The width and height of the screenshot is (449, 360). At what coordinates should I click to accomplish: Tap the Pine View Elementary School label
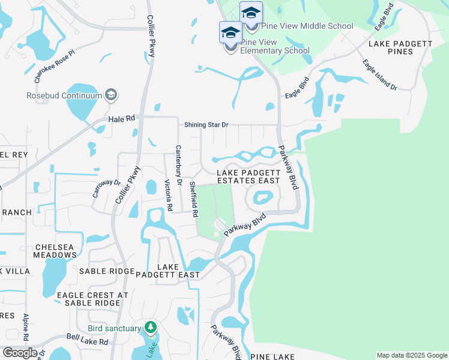tap(275, 46)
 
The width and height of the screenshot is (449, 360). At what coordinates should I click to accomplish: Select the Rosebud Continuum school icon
tap(110, 95)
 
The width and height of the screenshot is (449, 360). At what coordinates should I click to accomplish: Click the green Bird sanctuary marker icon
tap(150, 328)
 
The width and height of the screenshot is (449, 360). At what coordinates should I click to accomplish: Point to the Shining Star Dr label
tap(206, 125)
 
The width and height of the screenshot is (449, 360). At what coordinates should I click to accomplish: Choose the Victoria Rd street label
tap(169, 195)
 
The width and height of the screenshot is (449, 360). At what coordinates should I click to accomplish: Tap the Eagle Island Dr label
tap(379, 75)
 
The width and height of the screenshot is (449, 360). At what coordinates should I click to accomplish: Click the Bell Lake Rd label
tap(88, 340)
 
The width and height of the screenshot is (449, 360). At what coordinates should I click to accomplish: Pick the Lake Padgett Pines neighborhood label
tap(399, 47)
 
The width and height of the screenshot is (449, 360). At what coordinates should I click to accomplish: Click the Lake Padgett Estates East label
tap(249, 176)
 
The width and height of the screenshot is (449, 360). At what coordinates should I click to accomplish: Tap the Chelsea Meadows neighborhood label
tap(56, 251)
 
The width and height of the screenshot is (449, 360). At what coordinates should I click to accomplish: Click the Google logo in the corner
tap(20, 352)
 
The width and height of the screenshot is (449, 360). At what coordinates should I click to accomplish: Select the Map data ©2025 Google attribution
tap(411, 355)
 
